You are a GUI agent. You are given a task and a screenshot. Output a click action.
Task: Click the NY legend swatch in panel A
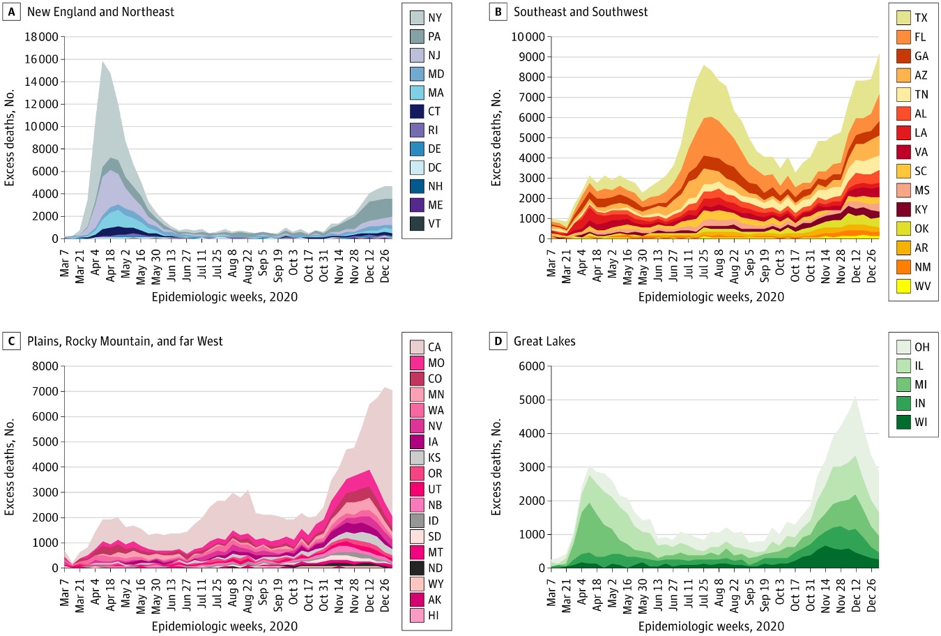click(x=417, y=17)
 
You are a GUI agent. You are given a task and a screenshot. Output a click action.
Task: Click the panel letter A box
click(x=11, y=12)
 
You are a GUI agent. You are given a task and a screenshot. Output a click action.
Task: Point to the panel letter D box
click(x=498, y=341)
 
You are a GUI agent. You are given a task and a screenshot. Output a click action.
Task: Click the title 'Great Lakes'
click(x=544, y=341)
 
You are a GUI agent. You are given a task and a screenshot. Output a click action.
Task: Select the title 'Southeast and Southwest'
click(x=581, y=12)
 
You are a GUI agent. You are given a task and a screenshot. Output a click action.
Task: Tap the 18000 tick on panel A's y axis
click(x=42, y=37)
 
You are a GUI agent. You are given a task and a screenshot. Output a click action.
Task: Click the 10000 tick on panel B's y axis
click(x=527, y=37)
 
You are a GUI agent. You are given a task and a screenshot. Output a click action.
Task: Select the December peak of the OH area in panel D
click(x=855, y=398)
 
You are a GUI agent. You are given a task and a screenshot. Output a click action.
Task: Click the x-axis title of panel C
click(x=224, y=626)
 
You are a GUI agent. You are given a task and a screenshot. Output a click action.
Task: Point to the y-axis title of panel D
click(x=496, y=467)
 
